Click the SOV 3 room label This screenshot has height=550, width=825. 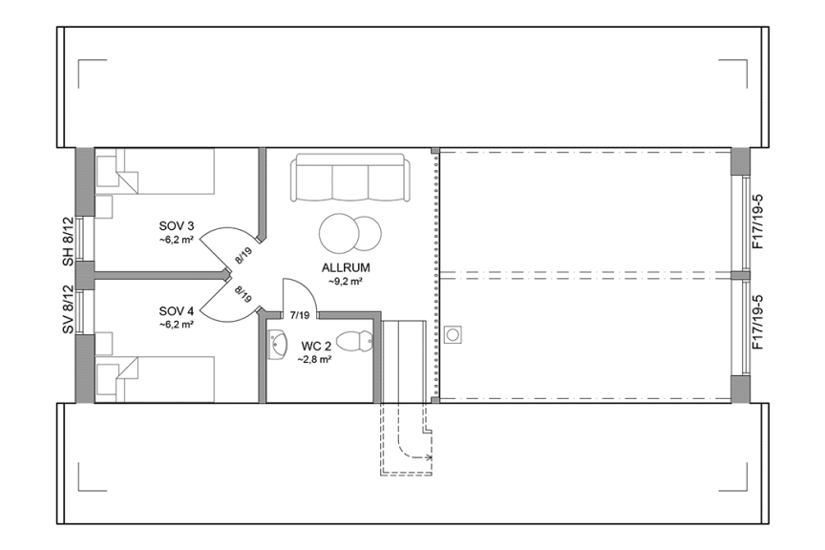[177, 226]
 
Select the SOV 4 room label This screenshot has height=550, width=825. [177, 311]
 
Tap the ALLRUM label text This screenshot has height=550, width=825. [346, 268]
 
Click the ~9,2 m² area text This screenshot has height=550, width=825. [346, 282]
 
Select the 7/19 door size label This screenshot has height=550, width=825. [300, 314]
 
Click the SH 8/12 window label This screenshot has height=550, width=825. [68, 241]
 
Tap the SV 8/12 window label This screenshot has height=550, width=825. [68, 310]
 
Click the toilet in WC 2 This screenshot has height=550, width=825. [356, 341]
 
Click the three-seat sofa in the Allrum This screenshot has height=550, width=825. [350, 179]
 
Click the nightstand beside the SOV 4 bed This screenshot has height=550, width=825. [105, 343]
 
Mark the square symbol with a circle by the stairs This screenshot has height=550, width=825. [453, 334]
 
